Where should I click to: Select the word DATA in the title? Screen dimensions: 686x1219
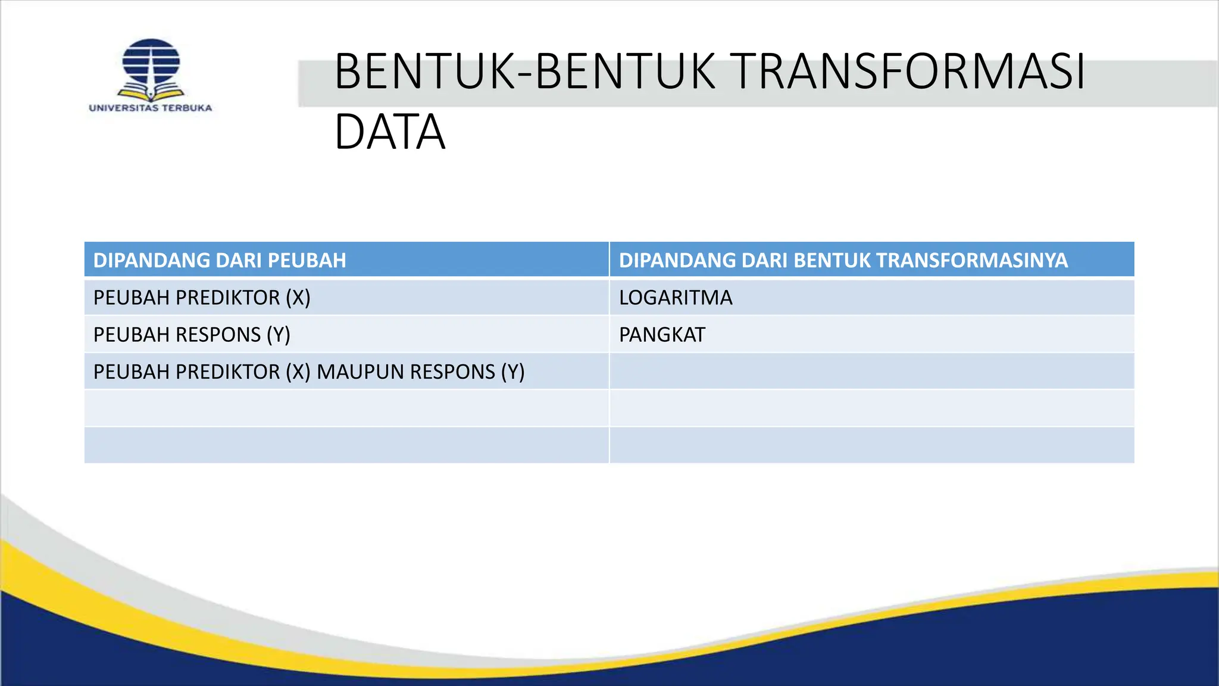(390, 132)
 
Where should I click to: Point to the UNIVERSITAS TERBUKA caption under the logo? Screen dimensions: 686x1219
(151, 108)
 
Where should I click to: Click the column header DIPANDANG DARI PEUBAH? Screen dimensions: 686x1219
(220, 260)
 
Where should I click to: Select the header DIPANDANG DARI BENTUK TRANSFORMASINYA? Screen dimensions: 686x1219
(843, 260)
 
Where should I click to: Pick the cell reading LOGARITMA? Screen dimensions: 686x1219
(676, 297)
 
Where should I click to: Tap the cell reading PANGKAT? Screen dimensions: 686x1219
(662, 335)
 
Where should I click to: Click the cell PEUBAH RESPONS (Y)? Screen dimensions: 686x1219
(192, 335)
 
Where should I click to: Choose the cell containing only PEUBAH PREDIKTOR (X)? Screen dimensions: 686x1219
(202, 297)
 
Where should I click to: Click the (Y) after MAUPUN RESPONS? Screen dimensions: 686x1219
(512, 372)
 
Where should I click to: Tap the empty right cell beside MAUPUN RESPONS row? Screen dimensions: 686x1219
(871, 372)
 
